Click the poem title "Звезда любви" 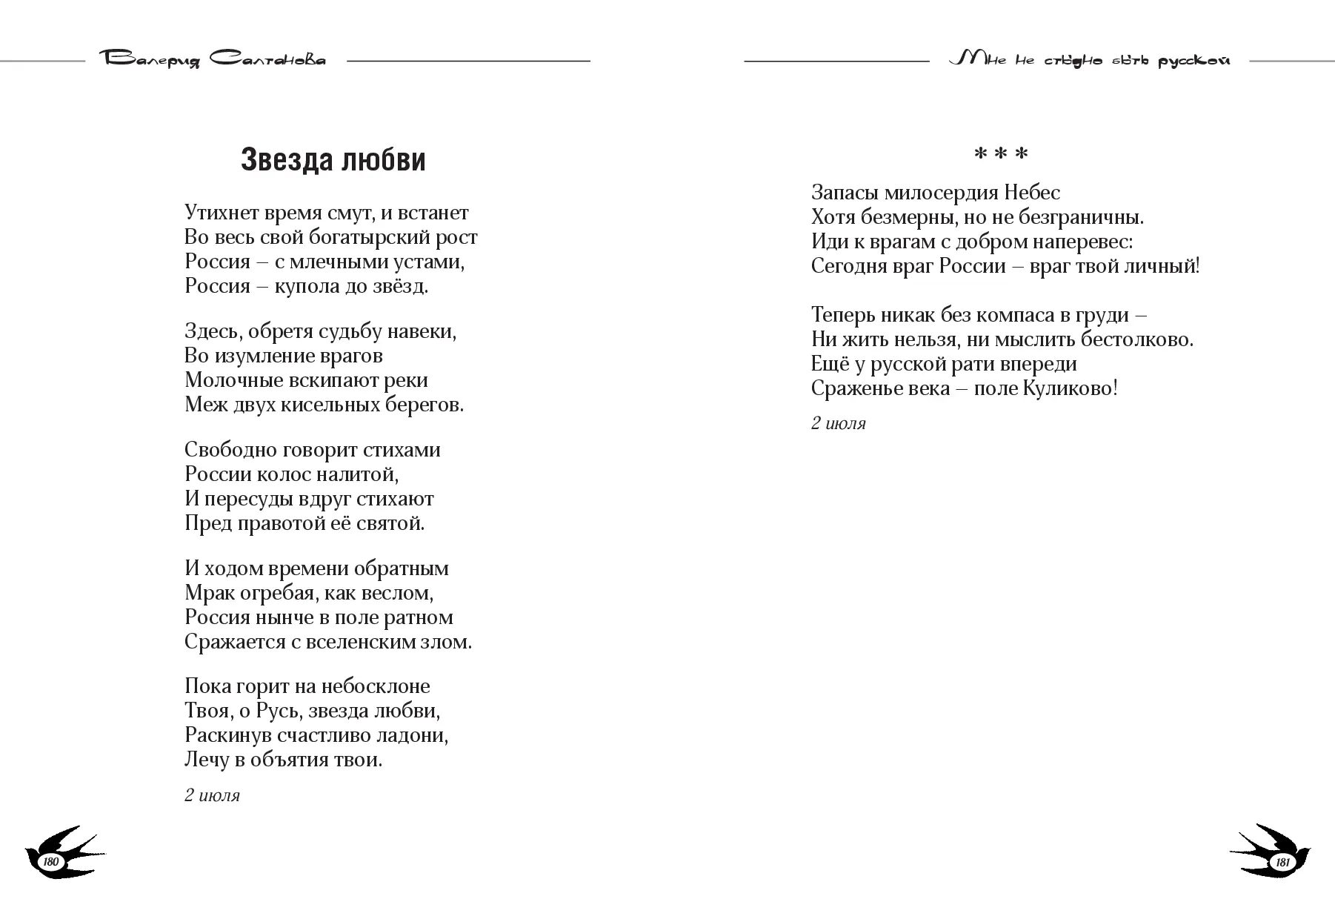point(333,160)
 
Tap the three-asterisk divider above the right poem point(1001,154)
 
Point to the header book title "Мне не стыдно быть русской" point(1089,60)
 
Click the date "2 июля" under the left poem point(212,795)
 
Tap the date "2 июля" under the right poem point(838,423)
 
